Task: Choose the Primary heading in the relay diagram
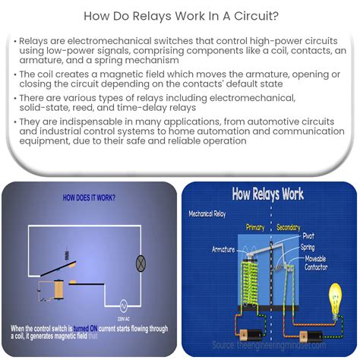tap(255, 226)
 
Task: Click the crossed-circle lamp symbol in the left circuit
tap(140, 264)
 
